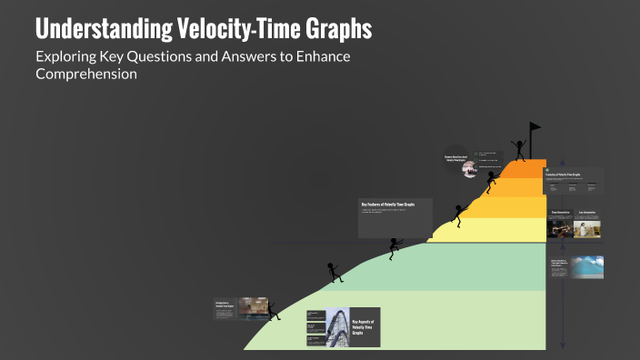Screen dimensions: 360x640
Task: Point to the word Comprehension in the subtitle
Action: click(x=86, y=74)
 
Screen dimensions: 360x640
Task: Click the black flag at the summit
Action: click(x=535, y=128)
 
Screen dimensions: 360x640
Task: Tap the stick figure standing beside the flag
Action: click(x=519, y=148)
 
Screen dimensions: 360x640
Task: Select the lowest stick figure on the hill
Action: click(x=335, y=271)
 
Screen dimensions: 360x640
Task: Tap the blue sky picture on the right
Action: click(x=587, y=266)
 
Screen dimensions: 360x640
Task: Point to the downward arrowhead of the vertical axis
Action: click(x=563, y=346)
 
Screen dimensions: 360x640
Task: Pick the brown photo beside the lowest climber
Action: click(x=254, y=307)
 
